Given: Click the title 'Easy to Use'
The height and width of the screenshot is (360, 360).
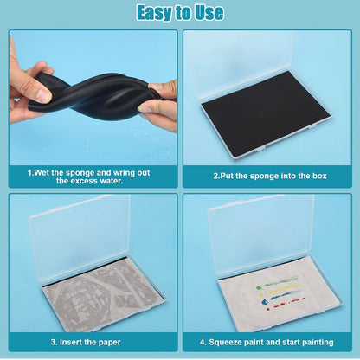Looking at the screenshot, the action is pyautogui.click(x=180, y=13).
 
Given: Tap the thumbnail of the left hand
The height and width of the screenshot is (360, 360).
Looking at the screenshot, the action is pyautogui.click(x=44, y=95).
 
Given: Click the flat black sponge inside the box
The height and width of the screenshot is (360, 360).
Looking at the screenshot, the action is pyautogui.click(x=266, y=113).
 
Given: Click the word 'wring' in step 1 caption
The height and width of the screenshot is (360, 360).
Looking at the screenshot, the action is pyautogui.click(x=124, y=173).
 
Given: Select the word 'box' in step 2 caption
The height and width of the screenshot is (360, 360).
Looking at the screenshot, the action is pyautogui.click(x=319, y=176).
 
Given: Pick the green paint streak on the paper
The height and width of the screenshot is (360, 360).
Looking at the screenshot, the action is pyautogui.click(x=277, y=280).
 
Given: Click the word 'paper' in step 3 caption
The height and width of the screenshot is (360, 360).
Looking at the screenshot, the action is pyautogui.click(x=109, y=343).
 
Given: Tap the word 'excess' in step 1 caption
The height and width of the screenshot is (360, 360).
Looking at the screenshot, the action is pyautogui.click(x=84, y=181).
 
